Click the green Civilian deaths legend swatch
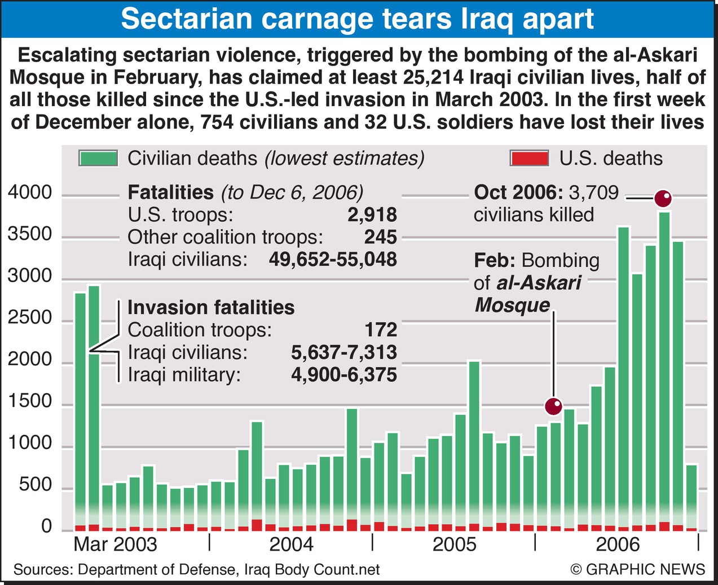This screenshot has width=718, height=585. tap(99, 159)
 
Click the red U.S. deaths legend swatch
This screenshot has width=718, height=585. tap(528, 159)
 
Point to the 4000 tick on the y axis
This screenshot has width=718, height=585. tap(30, 193)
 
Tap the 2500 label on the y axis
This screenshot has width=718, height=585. tap(30, 318)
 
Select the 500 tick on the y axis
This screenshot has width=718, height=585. tap(36, 485)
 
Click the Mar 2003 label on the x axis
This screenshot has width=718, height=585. tap(115, 544)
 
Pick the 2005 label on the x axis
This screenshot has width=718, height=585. tap(454, 544)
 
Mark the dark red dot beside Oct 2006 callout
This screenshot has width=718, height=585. tap(663, 199)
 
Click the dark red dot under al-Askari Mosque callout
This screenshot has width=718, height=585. tap(554, 406)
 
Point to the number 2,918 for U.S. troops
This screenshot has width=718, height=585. tap(372, 215)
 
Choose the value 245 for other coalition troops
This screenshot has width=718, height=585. tap(380, 237)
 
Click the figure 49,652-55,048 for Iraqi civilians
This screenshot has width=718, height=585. tap(333, 259)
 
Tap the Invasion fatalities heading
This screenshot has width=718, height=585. tap(211, 307)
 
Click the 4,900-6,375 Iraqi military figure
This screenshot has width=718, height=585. tap(344, 375)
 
